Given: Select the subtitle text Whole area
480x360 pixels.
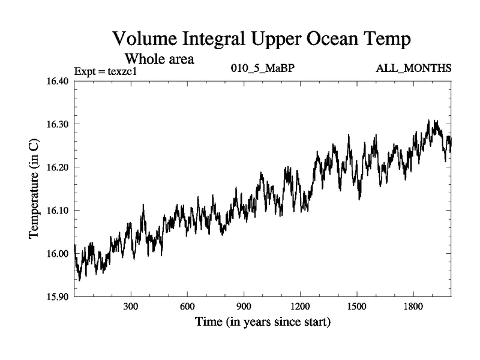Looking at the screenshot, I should pyautogui.click(x=159, y=59).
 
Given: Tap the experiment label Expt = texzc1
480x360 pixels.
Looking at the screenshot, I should pyautogui.click(x=106, y=72).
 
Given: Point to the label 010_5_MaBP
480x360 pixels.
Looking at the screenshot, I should pyautogui.click(x=262, y=68).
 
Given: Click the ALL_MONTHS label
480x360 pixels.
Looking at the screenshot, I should pyautogui.click(x=413, y=68).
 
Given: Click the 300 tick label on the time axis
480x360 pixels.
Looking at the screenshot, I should pyautogui.click(x=131, y=306).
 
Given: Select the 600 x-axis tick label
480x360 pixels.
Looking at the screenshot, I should pyautogui.click(x=187, y=306).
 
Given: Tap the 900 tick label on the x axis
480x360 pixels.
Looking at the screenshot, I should pyautogui.click(x=244, y=306).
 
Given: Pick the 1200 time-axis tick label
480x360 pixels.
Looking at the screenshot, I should pyautogui.click(x=300, y=306).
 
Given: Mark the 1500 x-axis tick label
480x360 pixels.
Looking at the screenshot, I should pyautogui.click(x=356, y=306).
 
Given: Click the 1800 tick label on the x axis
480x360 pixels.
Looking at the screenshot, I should pyautogui.click(x=413, y=306).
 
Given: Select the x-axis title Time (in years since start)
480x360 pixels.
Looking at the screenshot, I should pyautogui.click(x=262, y=322).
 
